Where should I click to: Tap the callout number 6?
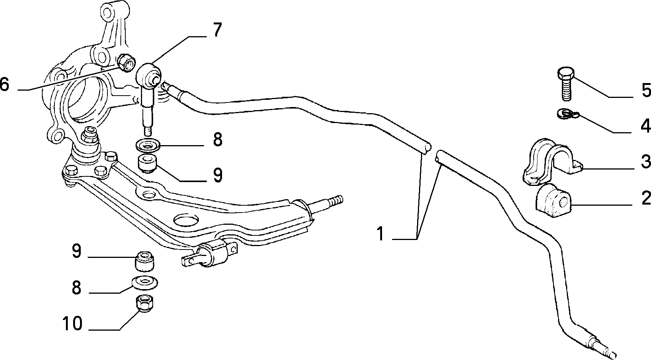[5, 84]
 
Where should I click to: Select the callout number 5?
[646, 90]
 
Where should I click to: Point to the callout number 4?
[646, 126]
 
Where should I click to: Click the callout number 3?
[646, 161]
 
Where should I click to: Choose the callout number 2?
[646, 198]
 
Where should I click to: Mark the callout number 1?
[381, 234]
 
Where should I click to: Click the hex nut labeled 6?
[126, 63]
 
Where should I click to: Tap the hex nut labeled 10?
[144, 304]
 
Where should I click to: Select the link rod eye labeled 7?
[148, 76]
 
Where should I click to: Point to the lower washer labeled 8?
[145, 282]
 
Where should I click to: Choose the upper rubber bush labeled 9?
[148, 164]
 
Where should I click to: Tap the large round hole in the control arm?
[186, 220]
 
